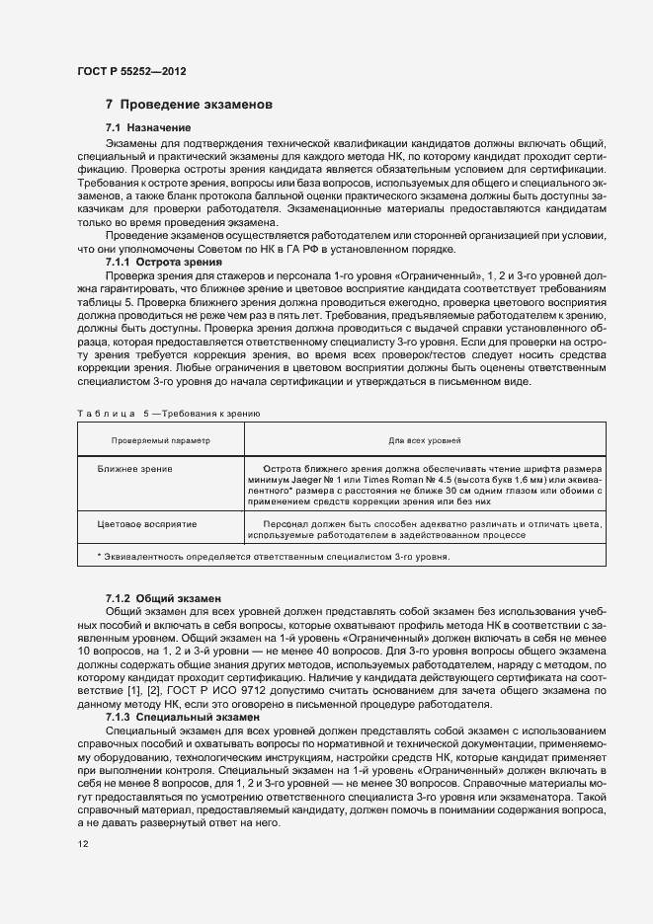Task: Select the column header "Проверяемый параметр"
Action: click(x=160, y=439)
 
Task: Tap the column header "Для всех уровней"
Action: click(x=425, y=439)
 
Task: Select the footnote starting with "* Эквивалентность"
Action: click(x=273, y=557)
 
